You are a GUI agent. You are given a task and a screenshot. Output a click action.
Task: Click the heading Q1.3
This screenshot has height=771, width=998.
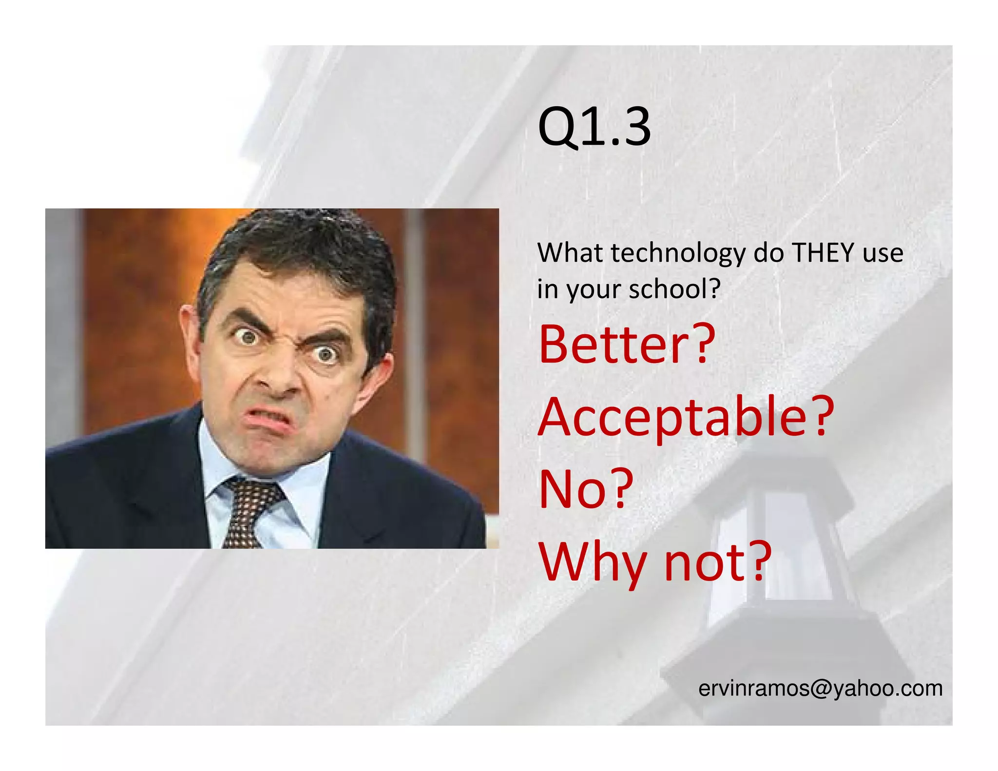(594, 128)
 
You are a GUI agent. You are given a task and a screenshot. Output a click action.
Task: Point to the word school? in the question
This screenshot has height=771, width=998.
(674, 289)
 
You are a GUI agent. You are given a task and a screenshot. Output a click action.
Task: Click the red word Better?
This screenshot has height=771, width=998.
(627, 345)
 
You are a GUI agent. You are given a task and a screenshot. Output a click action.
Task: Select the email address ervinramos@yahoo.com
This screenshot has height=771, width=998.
(820, 688)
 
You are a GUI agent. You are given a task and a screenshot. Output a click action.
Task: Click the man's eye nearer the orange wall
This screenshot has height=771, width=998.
(249, 336)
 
